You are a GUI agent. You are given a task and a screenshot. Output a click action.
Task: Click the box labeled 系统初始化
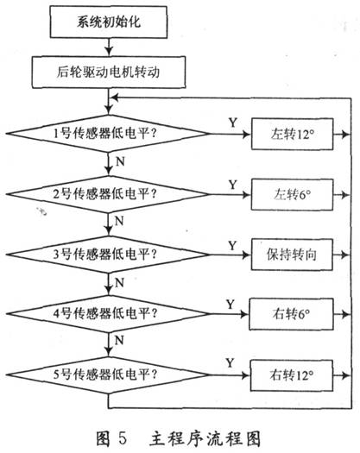point(109,22)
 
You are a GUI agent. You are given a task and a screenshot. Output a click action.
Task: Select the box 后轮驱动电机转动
point(109,72)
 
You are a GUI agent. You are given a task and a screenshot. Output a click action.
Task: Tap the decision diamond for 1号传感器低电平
point(108,134)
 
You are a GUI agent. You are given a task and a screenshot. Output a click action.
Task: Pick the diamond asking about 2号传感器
point(108,194)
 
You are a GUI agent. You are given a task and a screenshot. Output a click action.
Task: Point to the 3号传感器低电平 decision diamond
point(108,255)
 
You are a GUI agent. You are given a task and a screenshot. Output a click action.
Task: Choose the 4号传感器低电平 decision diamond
point(108,314)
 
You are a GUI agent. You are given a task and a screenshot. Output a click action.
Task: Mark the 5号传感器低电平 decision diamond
point(108,375)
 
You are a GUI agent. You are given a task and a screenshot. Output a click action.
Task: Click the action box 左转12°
point(292,134)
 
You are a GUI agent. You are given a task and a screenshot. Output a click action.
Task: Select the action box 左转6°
point(292,194)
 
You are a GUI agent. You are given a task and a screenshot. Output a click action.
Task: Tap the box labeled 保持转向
point(292,255)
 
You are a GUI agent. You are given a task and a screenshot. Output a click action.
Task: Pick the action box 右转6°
point(291,314)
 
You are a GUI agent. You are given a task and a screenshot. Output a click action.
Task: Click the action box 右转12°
point(292,375)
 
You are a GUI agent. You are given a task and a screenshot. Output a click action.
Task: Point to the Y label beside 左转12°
point(233,123)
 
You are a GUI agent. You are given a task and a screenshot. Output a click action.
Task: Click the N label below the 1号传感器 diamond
point(120,161)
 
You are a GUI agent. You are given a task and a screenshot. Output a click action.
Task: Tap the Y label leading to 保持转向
point(232,246)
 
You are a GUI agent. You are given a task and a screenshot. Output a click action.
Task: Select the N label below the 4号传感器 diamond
point(119,340)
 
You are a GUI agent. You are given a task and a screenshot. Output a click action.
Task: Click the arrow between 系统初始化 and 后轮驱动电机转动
point(109,47)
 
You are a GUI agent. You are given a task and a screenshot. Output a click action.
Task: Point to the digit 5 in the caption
point(123,438)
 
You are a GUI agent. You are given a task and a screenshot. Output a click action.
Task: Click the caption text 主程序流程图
point(205,438)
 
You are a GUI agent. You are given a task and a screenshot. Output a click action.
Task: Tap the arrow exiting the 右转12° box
point(342,375)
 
